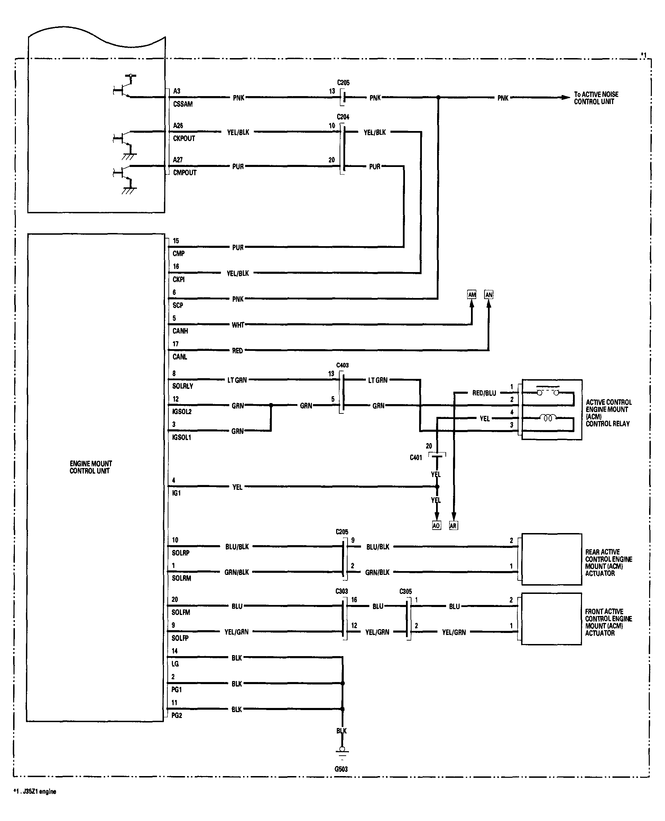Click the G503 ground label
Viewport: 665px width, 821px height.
pos(341,769)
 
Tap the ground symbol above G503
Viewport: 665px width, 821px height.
pos(342,752)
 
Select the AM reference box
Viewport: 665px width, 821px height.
pos(472,295)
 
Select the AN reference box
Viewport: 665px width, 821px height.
pos(489,295)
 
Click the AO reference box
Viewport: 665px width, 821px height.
pos(436,525)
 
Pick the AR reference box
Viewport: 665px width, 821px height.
pos(453,525)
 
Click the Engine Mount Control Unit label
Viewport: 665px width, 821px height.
pos(91,467)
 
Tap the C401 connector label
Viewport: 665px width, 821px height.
pos(416,457)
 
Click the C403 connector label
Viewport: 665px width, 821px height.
pos(342,365)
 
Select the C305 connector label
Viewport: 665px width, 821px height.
pos(406,591)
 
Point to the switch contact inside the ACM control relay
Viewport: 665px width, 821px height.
pos(548,391)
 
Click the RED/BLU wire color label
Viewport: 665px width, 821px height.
pos(484,393)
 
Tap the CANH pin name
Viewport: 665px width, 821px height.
pos(180,331)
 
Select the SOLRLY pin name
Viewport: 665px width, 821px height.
pos(183,386)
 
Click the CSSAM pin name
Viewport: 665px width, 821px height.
pos(183,104)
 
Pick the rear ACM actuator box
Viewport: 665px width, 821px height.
pos(552,559)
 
